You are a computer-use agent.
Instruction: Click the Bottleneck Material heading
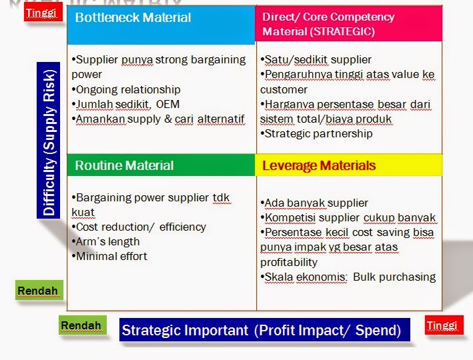pos(133,18)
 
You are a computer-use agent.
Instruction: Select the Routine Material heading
pos(124,165)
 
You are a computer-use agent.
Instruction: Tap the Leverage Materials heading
pos(319,165)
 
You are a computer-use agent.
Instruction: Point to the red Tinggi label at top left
pos(42,13)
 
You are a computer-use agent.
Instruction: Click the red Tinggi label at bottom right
pos(443,325)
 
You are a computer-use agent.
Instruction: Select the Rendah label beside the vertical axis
pos(38,291)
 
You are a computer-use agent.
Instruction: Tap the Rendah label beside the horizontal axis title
pos(81,325)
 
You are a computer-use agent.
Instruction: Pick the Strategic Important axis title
pos(261,329)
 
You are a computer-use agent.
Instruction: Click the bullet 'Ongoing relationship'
pos(125,89)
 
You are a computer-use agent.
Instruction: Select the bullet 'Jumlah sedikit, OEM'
pos(125,104)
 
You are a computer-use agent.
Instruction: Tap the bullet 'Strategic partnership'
pos(317,133)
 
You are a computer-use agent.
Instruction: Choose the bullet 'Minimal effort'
pos(109,256)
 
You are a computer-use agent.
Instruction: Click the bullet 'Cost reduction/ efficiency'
pos(139,227)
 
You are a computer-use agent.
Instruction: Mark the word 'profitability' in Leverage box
pos(289,262)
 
